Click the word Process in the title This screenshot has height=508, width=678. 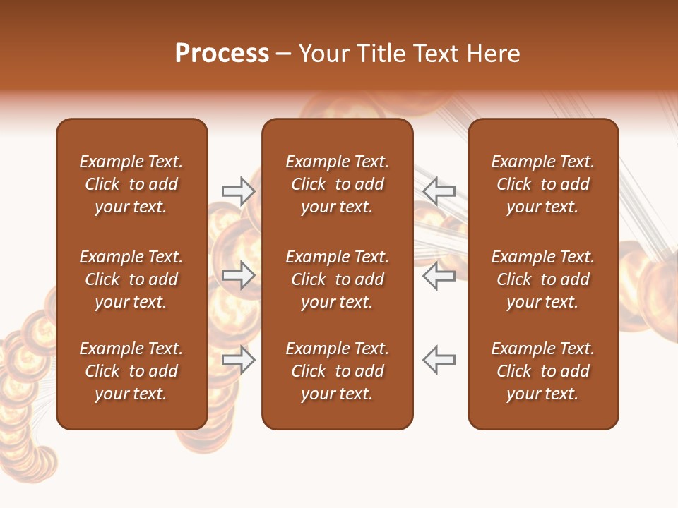[222, 54]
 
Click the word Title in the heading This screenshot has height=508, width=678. [380, 54]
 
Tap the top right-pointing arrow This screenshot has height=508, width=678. [238, 190]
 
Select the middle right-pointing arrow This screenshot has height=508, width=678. [238, 275]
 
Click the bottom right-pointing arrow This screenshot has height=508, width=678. [238, 360]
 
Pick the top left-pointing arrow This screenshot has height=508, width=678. [439, 190]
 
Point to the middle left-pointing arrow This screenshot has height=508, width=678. [439, 275]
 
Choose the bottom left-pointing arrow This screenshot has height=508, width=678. [439, 360]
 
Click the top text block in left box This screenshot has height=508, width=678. [131, 184]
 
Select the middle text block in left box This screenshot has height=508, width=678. [131, 279]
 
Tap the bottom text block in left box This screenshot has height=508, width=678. [131, 371]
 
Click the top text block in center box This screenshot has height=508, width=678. [337, 184]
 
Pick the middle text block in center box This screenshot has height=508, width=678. [337, 279]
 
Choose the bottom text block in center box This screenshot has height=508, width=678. [337, 371]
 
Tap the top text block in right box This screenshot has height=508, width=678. [542, 184]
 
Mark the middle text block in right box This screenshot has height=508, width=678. [542, 279]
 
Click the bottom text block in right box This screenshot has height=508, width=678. [542, 371]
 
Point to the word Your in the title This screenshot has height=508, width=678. [324, 54]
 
